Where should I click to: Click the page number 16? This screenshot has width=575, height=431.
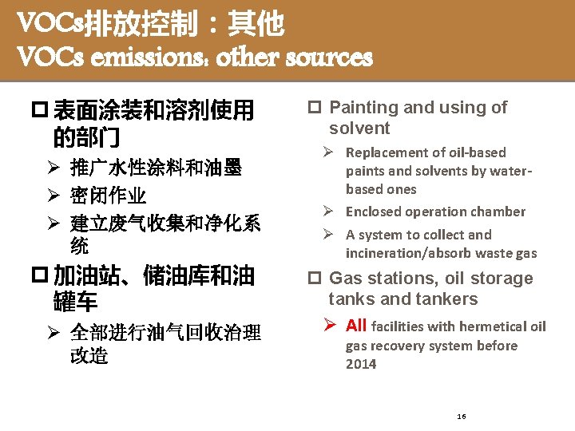click(x=462, y=417)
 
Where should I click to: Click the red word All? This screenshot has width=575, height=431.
click(x=356, y=325)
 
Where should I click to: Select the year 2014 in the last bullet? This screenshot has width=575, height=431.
click(x=361, y=364)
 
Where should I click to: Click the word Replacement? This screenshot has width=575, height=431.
click(x=384, y=152)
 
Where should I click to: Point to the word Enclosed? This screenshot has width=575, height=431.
click(x=372, y=212)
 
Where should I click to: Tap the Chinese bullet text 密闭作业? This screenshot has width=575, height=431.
click(x=109, y=196)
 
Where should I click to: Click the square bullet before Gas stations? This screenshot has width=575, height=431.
click(x=315, y=279)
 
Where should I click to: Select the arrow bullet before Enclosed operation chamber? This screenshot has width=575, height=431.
click(x=327, y=212)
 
